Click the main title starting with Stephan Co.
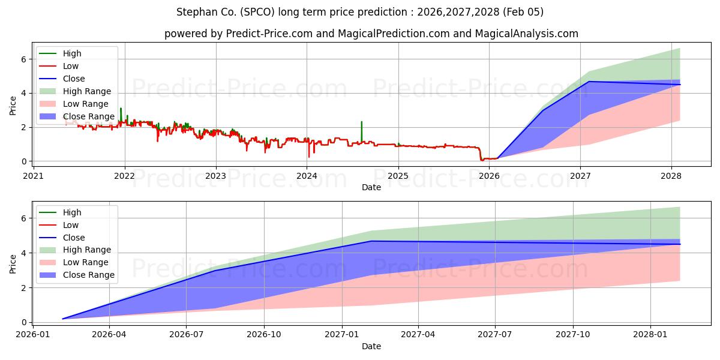pyautogui.click(x=360, y=12)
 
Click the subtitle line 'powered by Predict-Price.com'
pyautogui.click(x=371, y=34)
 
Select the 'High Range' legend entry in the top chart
pyautogui.click(x=87, y=91)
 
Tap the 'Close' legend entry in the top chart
pyautogui.click(x=74, y=79)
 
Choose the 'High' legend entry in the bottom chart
pyautogui.click(x=72, y=212)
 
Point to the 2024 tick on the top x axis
pyautogui.click(x=307, y=176)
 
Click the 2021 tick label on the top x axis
pyautogui.click(x=33, y=176)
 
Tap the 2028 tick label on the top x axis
pyautogui.click(x=671, y=176)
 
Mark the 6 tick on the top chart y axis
pyautogui.click(x=23, y=59)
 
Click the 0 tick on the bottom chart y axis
pyautogui.click(x=23, y=322)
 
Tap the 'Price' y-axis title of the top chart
pyautogui.click(x=13, y=106)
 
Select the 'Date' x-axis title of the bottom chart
pyautogui.click(x=371, y=346)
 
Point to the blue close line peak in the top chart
pyautogui.click(x=589, y=82)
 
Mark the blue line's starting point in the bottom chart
pyautogui.click(x=63, y=319)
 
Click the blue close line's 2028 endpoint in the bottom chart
pyautogui.click(x=680, y=244)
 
